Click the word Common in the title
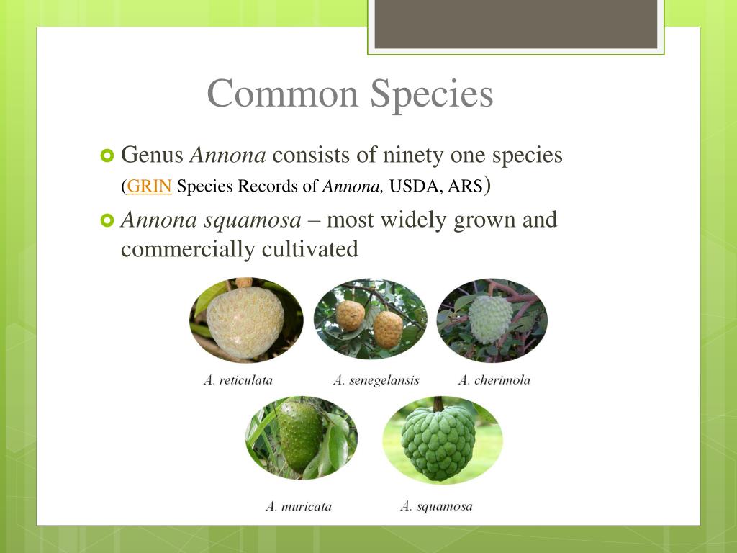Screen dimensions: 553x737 point(283,94)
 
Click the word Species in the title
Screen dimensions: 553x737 point(432,94)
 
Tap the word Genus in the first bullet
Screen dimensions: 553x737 point(152,155)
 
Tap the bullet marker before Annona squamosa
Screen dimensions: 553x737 point(107,220)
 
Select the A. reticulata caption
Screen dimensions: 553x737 point(238,380)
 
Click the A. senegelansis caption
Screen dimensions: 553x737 point(376,380)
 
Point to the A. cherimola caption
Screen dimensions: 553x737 point(494,380)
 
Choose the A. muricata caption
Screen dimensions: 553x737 point(299,506)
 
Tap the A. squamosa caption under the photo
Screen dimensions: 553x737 point(436,506)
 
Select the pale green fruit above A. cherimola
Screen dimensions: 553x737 point(491,319)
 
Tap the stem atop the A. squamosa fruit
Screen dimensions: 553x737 point(438,404)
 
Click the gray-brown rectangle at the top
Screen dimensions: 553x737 point(515,24)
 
